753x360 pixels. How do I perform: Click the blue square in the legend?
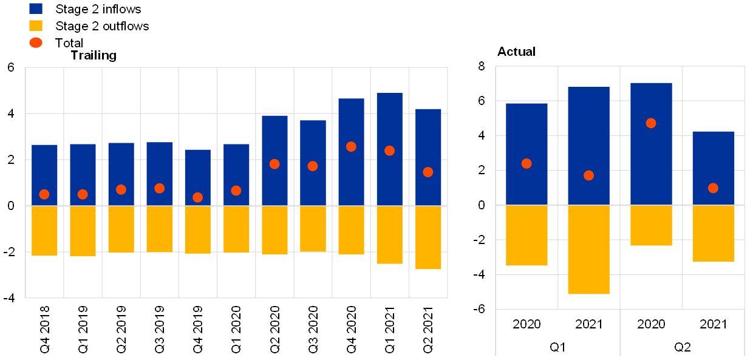coord(36,8)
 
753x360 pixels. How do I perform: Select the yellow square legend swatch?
coord(36,25)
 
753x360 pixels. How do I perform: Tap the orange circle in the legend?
coord(36,42)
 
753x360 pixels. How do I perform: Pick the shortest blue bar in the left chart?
coord(197,176)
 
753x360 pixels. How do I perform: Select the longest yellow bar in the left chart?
coord(428,237)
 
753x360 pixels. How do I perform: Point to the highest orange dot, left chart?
coord(351,146)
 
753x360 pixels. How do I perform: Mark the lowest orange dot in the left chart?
coord(197,197)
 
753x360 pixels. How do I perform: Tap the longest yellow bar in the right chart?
coord(588,250)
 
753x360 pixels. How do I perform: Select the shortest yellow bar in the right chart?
coord(651,225)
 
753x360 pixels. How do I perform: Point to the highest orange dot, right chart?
coord(651,123)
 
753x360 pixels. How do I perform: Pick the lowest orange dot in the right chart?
coord(713,188)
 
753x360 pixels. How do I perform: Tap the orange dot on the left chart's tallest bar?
coord(389,151)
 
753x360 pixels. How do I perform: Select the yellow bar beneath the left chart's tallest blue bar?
coord(389,235)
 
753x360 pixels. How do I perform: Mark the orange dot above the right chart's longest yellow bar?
coord(588,175)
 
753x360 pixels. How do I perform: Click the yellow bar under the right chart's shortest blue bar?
coord(713,233)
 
